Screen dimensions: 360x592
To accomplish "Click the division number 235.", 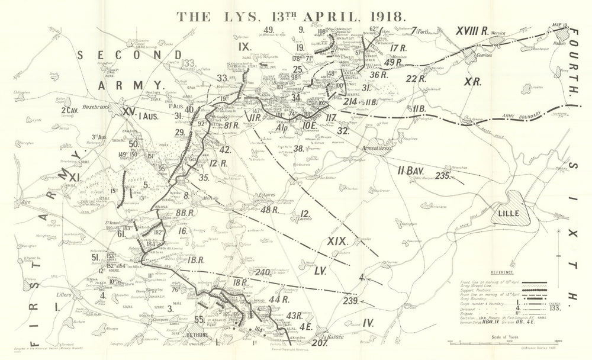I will pos(444,176).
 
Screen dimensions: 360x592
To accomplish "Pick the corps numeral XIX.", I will pos(337,241).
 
